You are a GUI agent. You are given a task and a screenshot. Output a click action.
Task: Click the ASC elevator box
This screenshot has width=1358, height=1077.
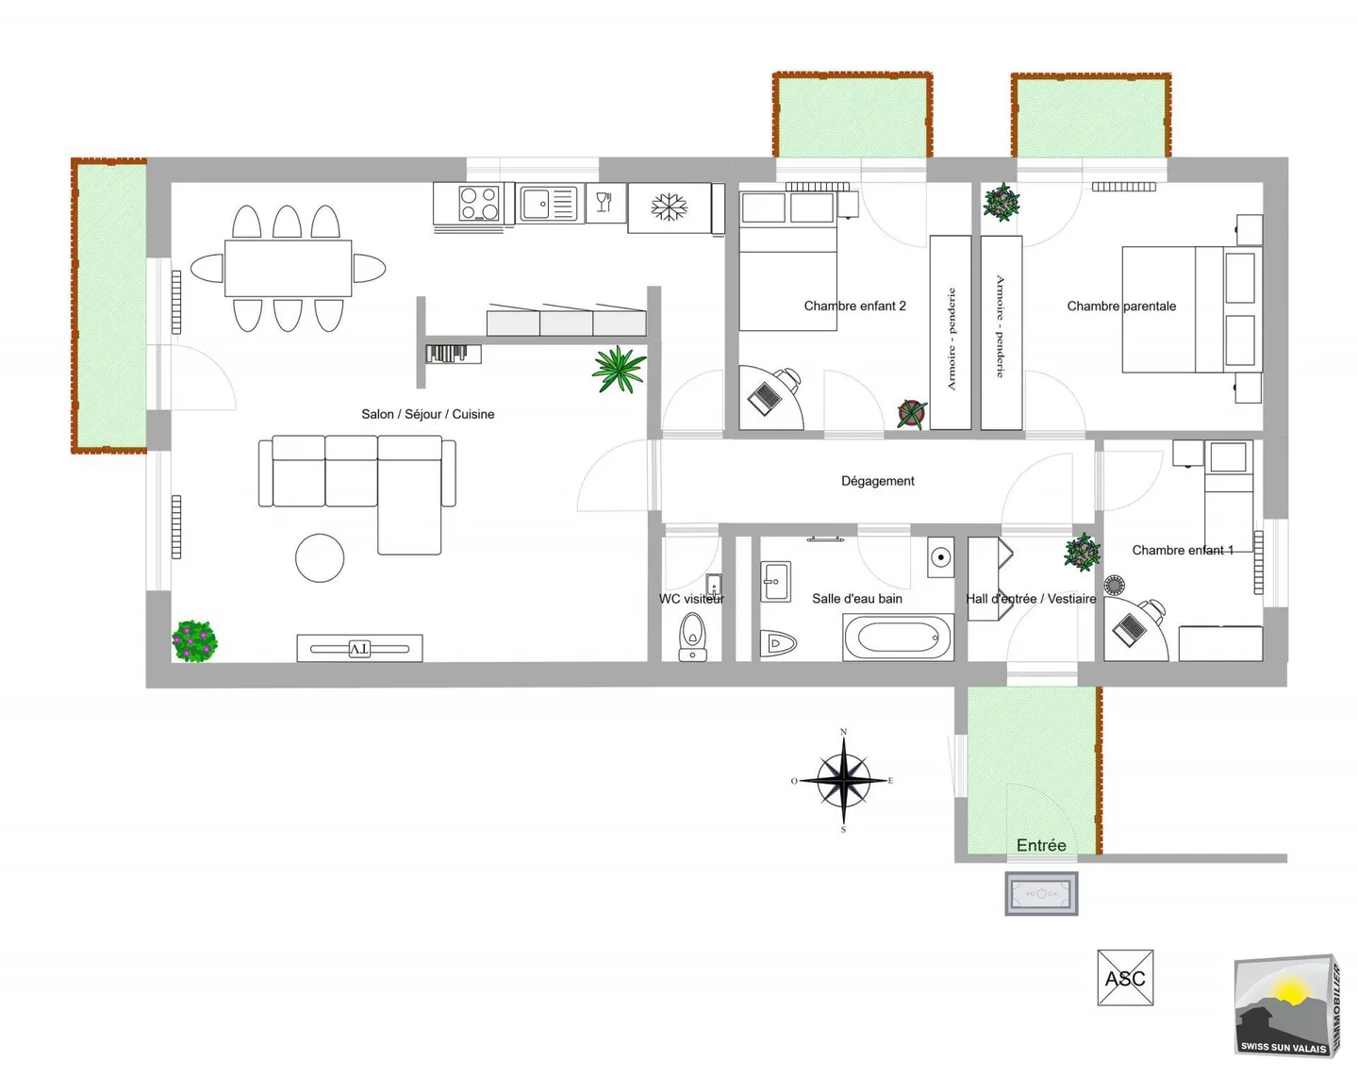tap(1125, 977)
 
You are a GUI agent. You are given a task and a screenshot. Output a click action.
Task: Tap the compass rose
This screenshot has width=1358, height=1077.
tap(844, 780)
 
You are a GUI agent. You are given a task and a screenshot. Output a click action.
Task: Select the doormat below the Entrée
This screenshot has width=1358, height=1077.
tap(1041, 893)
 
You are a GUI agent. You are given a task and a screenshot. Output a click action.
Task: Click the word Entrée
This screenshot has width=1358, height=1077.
tap(1041, 845)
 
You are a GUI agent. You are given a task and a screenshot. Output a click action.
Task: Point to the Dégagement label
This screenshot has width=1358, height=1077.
tap(877, 481)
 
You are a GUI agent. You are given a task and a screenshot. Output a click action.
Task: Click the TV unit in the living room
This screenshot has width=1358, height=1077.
tap(359, 648)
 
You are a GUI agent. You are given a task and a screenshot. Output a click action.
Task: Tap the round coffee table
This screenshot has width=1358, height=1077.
tap(320, 558)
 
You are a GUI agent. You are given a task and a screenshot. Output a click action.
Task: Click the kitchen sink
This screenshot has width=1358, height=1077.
tap(549, 204)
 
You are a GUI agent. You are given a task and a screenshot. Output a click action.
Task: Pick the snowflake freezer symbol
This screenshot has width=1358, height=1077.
tap(669, 207)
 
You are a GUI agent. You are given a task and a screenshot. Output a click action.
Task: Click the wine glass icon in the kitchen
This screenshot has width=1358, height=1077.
tap(604, 202)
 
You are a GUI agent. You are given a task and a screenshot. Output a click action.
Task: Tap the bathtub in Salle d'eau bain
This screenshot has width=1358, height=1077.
tap(898, 638)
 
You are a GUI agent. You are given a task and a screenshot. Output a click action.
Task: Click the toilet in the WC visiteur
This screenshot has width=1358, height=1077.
tap(693, 637)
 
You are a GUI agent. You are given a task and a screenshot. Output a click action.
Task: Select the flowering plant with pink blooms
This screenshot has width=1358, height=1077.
tap(194, 640)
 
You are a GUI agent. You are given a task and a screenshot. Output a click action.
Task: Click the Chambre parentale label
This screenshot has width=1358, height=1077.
tap(1121, 307)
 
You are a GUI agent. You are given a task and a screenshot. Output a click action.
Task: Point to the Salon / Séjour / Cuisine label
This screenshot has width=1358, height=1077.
tap(428, 414)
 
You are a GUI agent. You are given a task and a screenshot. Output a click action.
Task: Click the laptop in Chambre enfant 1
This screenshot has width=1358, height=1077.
tap(1129, 629)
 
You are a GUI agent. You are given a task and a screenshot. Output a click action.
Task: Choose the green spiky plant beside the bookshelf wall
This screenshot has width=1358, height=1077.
tap(619, 370)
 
